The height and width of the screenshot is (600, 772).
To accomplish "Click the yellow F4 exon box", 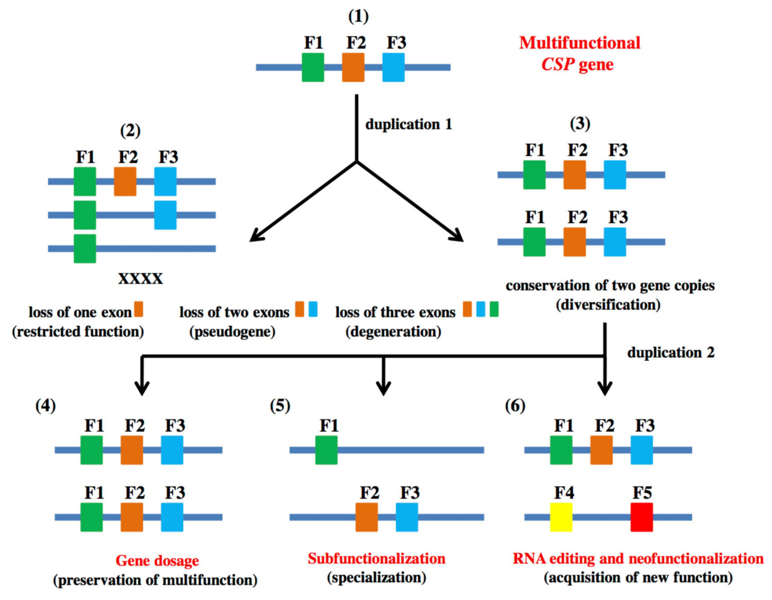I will pyautogui.click(x=561, y=517).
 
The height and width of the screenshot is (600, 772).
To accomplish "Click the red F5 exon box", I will pyautogui.click(x=641, y=517).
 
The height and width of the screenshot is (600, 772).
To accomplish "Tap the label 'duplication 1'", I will pyautogui.click(x=409, y=125).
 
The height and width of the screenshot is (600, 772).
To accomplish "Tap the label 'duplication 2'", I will pyautogui.click(x=671, y=353).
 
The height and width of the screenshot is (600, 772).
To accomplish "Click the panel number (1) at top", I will pyautogui.click(x=358, y=17).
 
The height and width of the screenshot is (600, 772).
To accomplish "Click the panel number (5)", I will pyautogui.click(x=280, y=406).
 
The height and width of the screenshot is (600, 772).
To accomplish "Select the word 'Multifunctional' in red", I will pyautogui.click(x=579, y=43).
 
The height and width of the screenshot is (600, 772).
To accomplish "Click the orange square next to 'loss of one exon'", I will pyautogui.click(x=139, y=309).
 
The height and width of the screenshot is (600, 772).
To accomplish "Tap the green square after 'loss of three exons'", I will pyautogui.click(x=494, y=309).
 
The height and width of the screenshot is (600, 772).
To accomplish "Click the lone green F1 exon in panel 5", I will pyautogui.click(x=326, y=450).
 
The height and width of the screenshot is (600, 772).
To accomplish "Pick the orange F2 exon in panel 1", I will pyautogui.click(x=353, y=67).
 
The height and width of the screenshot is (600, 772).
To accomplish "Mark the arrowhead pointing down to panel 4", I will pyautogui.click(x=142, y=389).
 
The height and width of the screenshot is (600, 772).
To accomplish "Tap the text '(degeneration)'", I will pyautogui.click(x=393, y=332).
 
